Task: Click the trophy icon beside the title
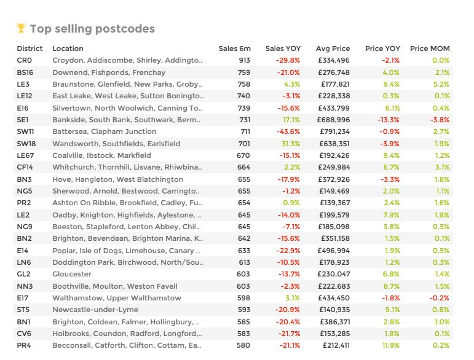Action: pyautogui.click(x=21, y=28)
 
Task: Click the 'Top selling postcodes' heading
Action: pyautogui.click(x=92, y=29)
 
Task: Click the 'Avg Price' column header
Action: pyautogui.click(x=333, y=49)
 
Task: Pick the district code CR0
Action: pyautogui.click(x=25, y=60)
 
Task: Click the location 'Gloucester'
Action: pyautogui.click(x=72, y=274)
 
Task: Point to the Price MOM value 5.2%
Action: pyautogui.click(x=441, y=84)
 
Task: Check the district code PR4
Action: pyautogui.click(x=25, y=345)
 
